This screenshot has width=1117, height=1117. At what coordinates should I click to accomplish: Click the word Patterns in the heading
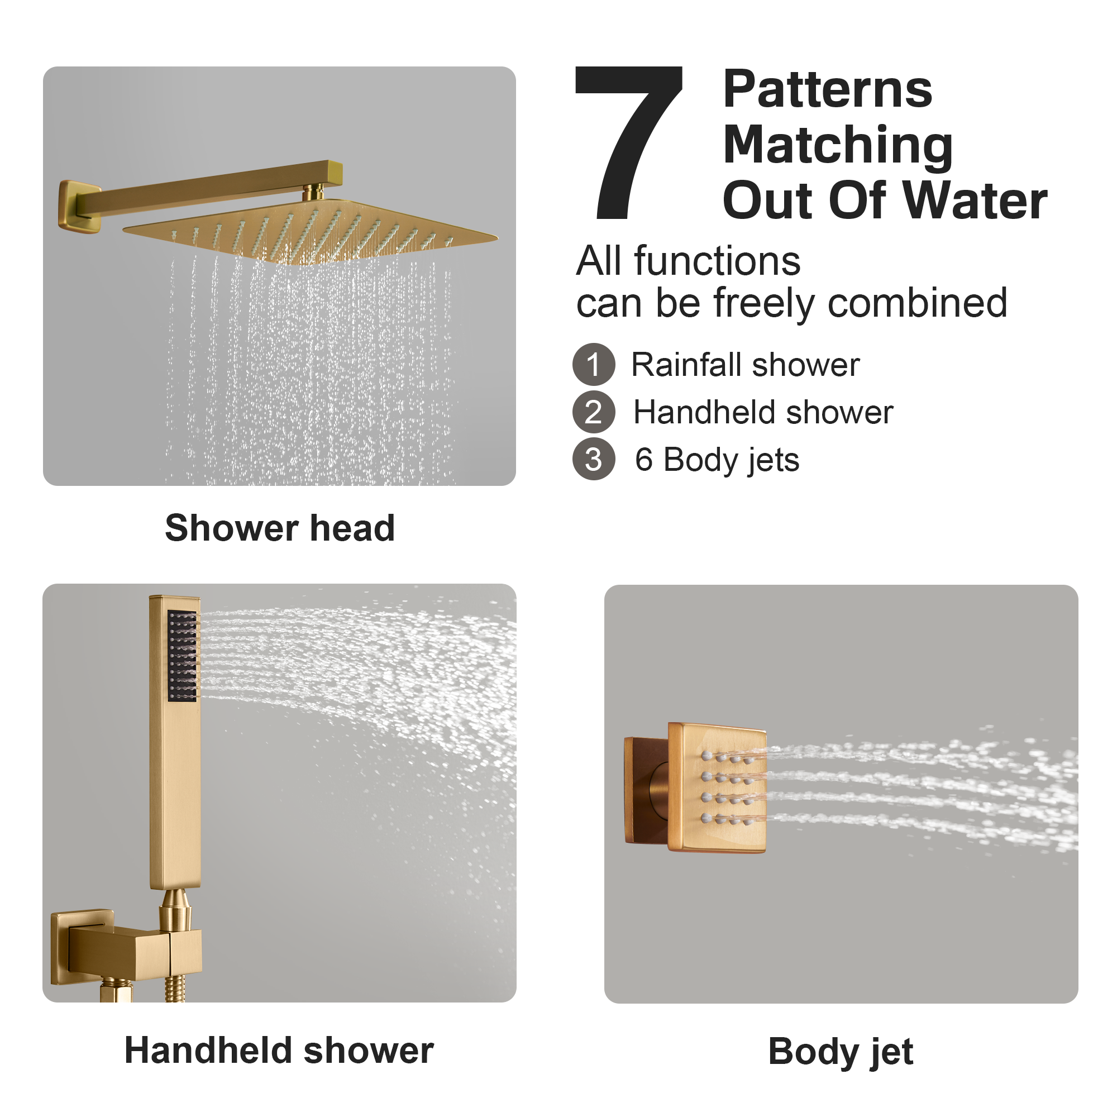click(827, 89)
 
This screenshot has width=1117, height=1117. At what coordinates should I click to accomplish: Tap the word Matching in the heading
click(838, 146)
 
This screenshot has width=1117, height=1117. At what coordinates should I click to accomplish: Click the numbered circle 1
click(594, 365)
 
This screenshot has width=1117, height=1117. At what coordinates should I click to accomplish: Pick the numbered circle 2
click(594, 412)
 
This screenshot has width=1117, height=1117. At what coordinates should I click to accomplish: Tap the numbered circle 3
click(594, 460)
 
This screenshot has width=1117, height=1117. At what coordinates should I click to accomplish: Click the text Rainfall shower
click(745, 365)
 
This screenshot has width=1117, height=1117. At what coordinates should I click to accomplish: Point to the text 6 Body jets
click(717, 460)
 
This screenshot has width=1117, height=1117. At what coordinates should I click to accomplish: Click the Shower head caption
click(280, 528)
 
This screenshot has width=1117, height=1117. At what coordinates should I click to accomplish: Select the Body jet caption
click(841, 1051)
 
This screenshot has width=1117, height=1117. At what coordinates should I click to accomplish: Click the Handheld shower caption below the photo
click(279, 1051)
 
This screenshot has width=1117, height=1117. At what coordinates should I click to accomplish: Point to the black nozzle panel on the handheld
click(183, 656)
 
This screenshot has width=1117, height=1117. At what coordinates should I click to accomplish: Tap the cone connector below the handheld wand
click(175, 908)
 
